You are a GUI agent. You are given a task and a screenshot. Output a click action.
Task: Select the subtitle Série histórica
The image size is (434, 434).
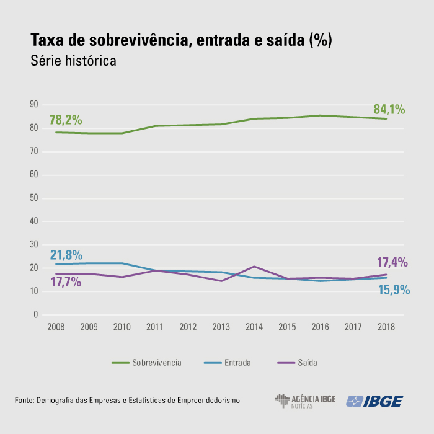pyautogui.click(x=73, y=62)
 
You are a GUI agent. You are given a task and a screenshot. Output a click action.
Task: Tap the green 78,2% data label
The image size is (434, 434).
pyautogui.click(x=65, y=120)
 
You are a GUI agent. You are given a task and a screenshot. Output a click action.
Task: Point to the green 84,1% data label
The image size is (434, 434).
pyautogui.click(x=389, y=110)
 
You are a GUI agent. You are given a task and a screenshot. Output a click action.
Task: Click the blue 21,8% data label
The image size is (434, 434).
pyautogui.click(x=66, y=255)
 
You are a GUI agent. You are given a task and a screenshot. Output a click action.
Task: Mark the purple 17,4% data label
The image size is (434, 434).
pyautogui.click(x=392, y=262)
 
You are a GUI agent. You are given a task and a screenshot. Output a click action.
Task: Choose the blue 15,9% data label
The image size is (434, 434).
pyautogui.click(x=394, y=289)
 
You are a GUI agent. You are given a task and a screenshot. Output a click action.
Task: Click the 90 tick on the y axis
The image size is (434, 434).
pyautogui.click(x=35, y=105)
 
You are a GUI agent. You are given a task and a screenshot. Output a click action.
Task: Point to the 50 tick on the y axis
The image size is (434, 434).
pyautogui.click(x=35, y=198)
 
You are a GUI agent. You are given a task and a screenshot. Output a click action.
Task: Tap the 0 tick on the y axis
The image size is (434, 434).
pyautogui.click(x=36, y=315)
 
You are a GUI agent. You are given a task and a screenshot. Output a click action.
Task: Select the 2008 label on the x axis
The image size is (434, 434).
pyautogui.click(x=56, y=327)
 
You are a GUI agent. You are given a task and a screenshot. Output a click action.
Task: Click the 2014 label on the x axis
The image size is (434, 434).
pyautogui.click(x=254, y=327)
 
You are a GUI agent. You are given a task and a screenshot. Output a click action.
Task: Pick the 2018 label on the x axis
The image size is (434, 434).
pyautogui.click(x=386, y=327)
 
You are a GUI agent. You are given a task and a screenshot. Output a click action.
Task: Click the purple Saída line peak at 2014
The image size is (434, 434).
pyautogui.click(x=254, y=267)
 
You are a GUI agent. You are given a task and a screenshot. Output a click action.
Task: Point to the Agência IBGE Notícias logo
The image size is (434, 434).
pyautogui.click(x=304, y=401)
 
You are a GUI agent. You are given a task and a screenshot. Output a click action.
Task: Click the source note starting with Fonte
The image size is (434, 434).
pyautogui.click(x=127, y=401)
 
